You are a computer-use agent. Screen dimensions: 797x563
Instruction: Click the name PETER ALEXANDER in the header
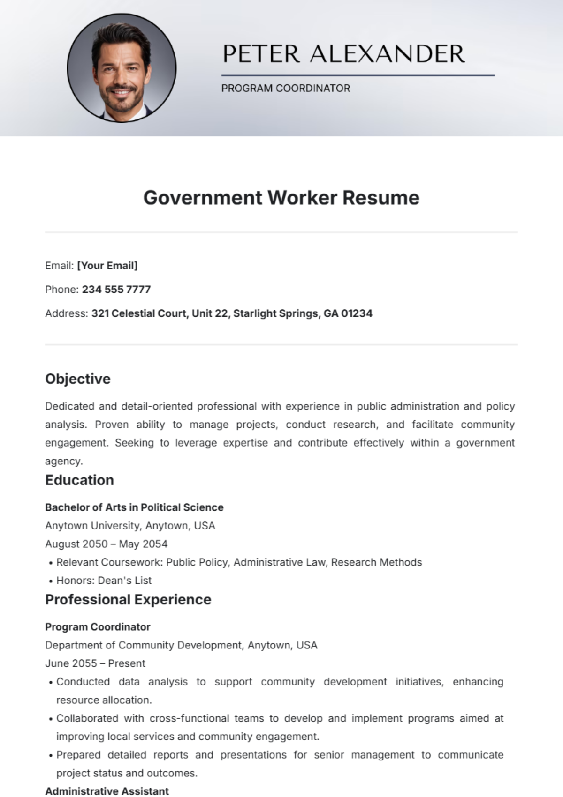[343, 54]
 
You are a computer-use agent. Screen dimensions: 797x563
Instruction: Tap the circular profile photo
[122, 68]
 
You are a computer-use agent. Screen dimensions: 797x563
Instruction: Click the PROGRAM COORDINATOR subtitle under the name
[285, 88]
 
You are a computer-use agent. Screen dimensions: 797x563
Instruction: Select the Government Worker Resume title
[281, 197]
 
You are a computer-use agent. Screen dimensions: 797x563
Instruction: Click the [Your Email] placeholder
[107, 266]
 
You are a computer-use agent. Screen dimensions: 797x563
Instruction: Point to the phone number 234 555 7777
[116, 290]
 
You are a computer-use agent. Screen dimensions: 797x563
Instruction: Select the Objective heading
[78, 379]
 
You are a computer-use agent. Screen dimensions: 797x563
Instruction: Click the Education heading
[79, 480]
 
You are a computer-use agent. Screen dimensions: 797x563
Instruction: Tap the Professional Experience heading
[128, 599]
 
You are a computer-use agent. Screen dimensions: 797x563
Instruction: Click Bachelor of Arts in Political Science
[134, 507]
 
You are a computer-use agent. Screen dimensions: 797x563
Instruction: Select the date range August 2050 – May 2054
[106, 544]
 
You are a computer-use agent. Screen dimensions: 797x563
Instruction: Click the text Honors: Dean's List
[104, 581]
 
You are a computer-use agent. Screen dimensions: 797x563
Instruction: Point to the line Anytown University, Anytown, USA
[130, 526]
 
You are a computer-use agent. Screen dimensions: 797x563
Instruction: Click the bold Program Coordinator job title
[98, 626]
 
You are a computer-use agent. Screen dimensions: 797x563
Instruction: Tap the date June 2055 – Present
[95, 663]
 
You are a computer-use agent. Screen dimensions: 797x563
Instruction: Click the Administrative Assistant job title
[107, 791]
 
